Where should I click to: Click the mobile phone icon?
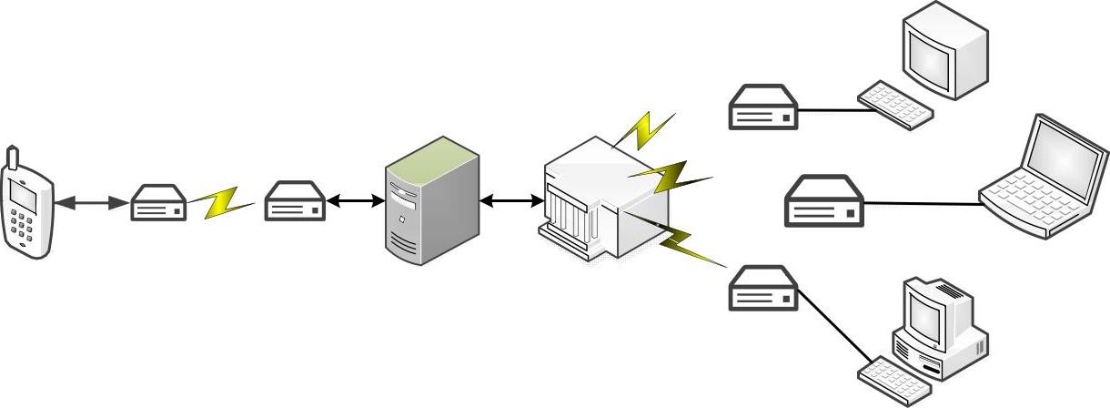(27, 205)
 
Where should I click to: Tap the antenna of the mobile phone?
(11, 157)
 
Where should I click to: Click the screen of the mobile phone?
(23, 194)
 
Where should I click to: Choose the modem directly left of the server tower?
(295, 203)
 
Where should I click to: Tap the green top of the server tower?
(433, 154)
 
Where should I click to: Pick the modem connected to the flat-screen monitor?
(763, 107)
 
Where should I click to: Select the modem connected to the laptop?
(824, 202)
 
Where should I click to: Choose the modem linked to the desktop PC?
(763, 288)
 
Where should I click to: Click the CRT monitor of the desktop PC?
(933, 314)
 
